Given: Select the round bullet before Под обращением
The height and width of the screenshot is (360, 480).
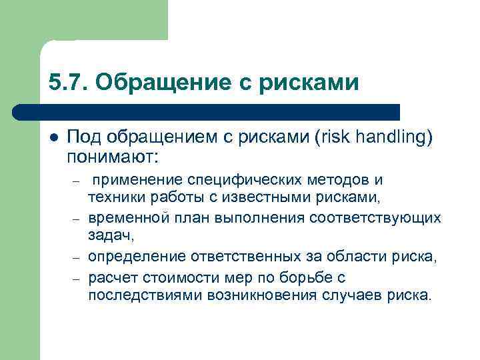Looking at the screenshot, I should click(x=54, y=137).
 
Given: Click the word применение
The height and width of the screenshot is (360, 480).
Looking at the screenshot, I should click(x=138, y=181).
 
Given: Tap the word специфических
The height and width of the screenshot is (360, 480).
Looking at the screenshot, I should click(x=248, y=181).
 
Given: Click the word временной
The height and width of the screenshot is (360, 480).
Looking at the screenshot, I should click(x=123, y=219).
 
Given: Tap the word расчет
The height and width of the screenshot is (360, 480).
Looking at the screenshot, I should click(x=109, y=277).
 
